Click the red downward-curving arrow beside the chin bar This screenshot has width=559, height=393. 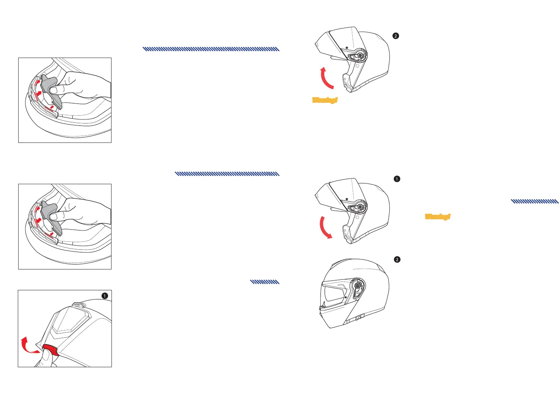[325, 227]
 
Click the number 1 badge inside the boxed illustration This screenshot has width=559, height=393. [105, 296]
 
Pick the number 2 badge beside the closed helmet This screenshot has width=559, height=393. [397, 260]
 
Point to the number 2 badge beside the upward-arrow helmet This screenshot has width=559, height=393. [396, 36]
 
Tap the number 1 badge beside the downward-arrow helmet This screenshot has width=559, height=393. [397, 179]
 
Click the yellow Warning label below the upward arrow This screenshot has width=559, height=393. [325, 100]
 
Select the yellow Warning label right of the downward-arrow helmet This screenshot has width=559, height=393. [438, 217]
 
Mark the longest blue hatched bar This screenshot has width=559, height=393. [211, 49]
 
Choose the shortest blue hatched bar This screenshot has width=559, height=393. [265, 282]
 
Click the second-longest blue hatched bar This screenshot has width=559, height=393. [227, 174]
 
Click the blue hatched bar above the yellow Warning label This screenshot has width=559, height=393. [535, 201]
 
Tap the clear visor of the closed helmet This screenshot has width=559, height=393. [334, 294]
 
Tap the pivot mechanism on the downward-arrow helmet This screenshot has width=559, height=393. [359, 207]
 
